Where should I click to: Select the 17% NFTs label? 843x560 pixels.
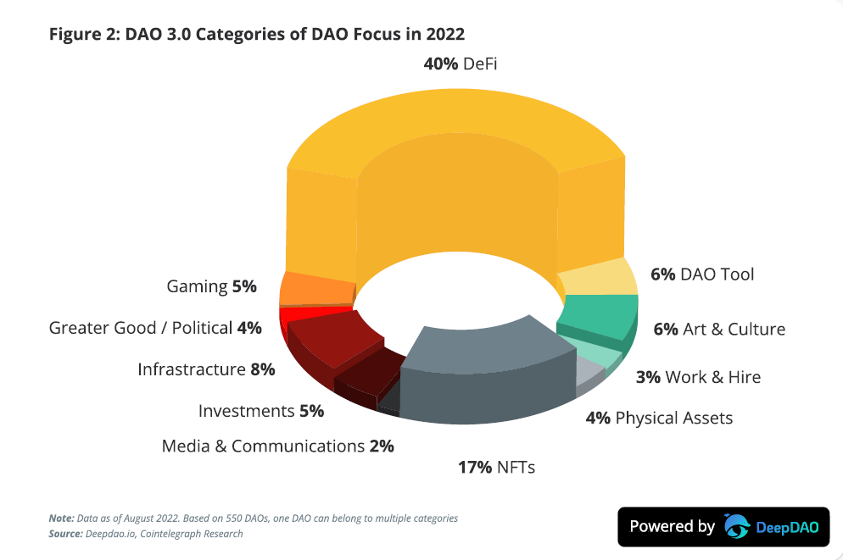point(495,467)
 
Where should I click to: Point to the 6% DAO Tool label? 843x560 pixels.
point(702,274)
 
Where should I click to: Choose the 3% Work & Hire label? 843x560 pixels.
point(698,377)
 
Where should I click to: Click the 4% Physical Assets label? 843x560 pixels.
point(659,418)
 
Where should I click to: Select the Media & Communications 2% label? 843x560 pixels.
point(277,446)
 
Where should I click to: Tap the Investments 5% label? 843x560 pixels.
point(261,411)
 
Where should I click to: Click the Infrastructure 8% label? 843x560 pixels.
point(206,369)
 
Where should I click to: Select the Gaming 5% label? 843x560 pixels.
point(211,286)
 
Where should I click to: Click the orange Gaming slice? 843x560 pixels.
point(310,289)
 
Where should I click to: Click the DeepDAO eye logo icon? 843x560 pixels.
point(737,526)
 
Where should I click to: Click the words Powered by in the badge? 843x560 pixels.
point(672,526)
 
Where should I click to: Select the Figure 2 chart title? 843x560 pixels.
point(257,34)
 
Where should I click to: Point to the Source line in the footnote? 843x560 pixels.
point(147,534)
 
